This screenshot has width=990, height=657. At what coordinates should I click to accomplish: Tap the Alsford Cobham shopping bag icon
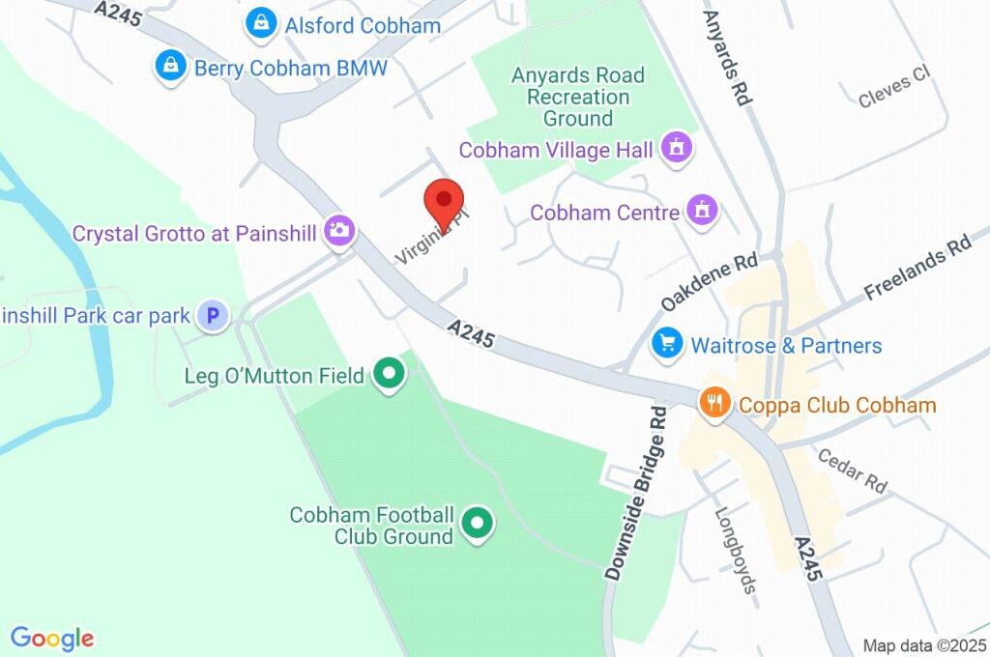pyautogui.click(x=260, y=25)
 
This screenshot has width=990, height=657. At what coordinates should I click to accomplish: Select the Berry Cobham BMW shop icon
pyautogui.click(x=170, y=67)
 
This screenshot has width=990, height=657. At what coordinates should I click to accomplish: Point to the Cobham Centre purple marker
pyautogui.click(x=702, y=210)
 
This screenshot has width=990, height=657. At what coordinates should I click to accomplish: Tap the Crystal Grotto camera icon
pyautogui.click(x=339, y=231)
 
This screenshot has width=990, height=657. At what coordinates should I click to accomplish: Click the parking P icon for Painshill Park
pyautogui.click(x=212, y=315)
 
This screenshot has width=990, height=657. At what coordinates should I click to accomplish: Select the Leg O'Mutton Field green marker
pyautogui.click(x=389, y=375)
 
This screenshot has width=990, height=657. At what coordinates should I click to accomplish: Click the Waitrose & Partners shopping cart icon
pyautogui.click(x=667, y=343)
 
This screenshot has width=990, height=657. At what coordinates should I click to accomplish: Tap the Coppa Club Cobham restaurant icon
pyautogui.click(x=713, y=403)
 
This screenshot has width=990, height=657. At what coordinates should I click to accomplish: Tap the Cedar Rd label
pyautogui.click(x=851, y=470)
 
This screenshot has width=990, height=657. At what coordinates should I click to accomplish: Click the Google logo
pyautogui.click(x=52, y=638)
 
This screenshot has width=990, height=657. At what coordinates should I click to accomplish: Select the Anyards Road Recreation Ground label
pyautogui.click(x=578, y=97)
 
